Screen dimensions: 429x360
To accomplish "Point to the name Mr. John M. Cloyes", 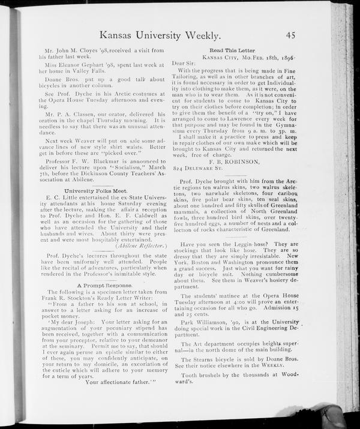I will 73,49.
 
